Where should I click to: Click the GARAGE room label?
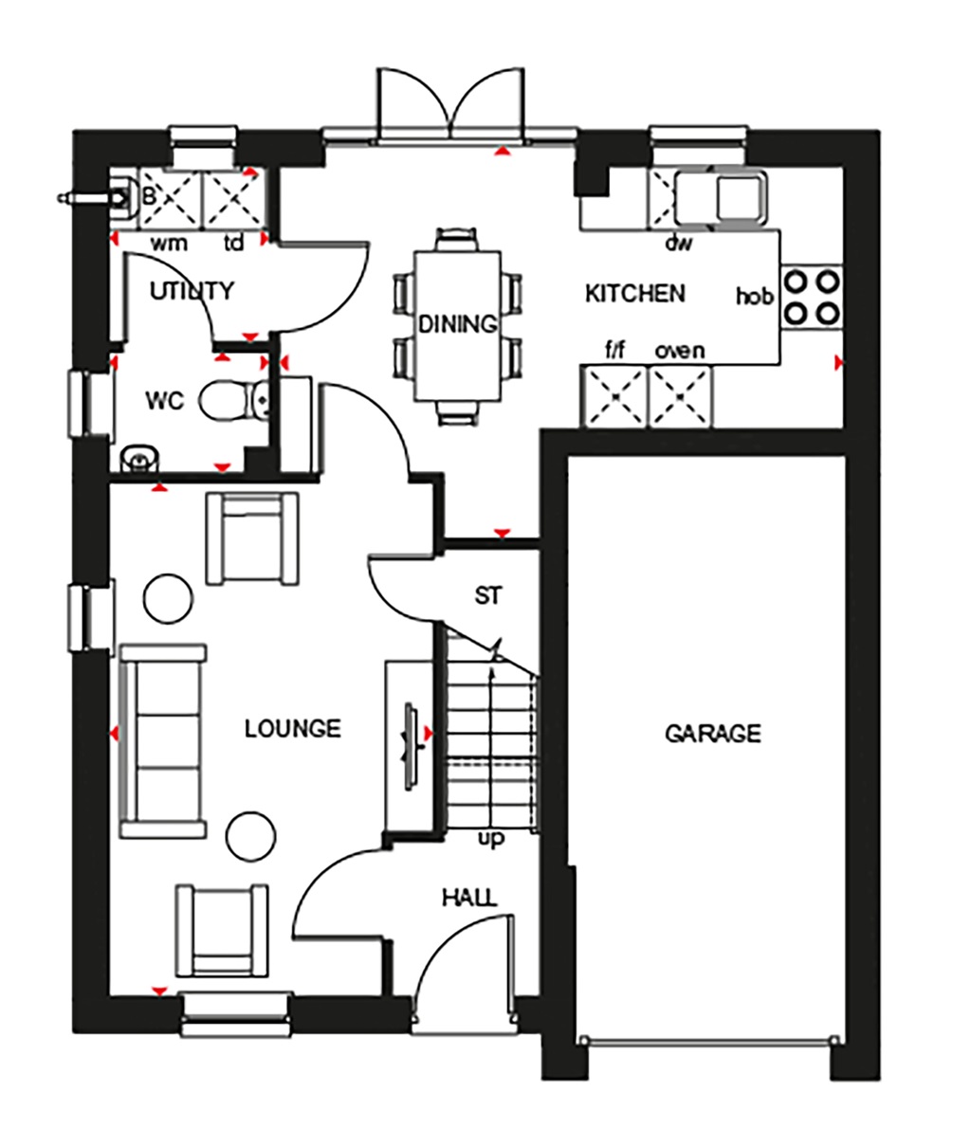712,733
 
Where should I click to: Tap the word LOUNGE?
292,728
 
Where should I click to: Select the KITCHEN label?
634,293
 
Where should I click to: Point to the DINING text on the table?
458,324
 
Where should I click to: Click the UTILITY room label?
192,290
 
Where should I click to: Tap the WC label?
163,398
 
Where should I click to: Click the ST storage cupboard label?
487,596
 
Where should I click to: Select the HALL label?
468,897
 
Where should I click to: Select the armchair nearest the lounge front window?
222,931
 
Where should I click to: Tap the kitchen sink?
721,196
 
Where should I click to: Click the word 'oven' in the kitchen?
679,352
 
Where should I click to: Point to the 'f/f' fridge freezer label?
615,352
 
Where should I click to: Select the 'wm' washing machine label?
170,244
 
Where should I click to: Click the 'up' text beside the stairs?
491,840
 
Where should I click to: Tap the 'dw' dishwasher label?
678,244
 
